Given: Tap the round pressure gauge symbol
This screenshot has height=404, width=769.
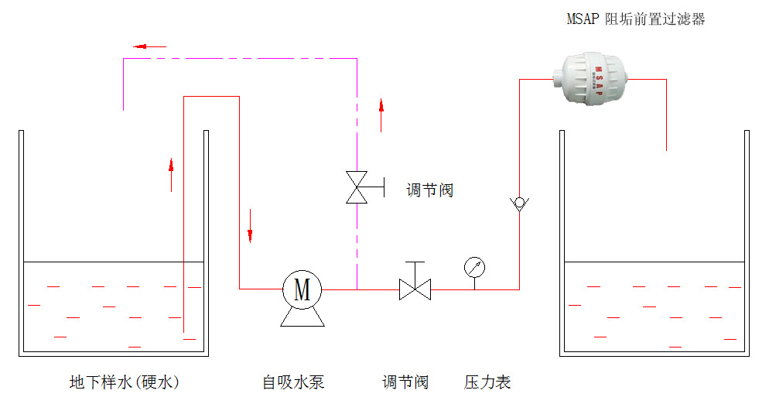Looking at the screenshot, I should pos(474,268).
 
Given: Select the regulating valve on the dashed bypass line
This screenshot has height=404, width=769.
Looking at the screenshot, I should pos(357,187).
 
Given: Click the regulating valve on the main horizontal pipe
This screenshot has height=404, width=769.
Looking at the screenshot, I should pos(415,289).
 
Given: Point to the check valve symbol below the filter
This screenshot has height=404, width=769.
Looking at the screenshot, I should pos(519,204).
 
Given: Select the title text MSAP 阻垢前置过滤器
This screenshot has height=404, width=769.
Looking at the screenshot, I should pos(635,19).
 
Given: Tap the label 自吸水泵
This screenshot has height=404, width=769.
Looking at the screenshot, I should pos(293,382).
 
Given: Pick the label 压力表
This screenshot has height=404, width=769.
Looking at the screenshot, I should pos(487,382).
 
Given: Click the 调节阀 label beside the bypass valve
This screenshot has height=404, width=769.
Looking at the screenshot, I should pos(430,190).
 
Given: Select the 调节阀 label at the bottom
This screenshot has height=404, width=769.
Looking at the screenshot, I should pos(405,382).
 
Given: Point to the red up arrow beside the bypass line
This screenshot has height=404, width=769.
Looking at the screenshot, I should pos(381,115).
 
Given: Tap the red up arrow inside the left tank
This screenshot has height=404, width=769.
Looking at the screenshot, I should pos(171,174).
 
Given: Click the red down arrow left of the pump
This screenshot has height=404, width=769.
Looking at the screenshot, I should pos(250,225).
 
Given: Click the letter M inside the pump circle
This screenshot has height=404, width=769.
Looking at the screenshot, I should pos(302,289).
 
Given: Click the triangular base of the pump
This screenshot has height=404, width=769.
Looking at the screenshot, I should pos(302,317).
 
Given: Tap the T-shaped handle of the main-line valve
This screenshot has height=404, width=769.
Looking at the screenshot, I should pos(415,265).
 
